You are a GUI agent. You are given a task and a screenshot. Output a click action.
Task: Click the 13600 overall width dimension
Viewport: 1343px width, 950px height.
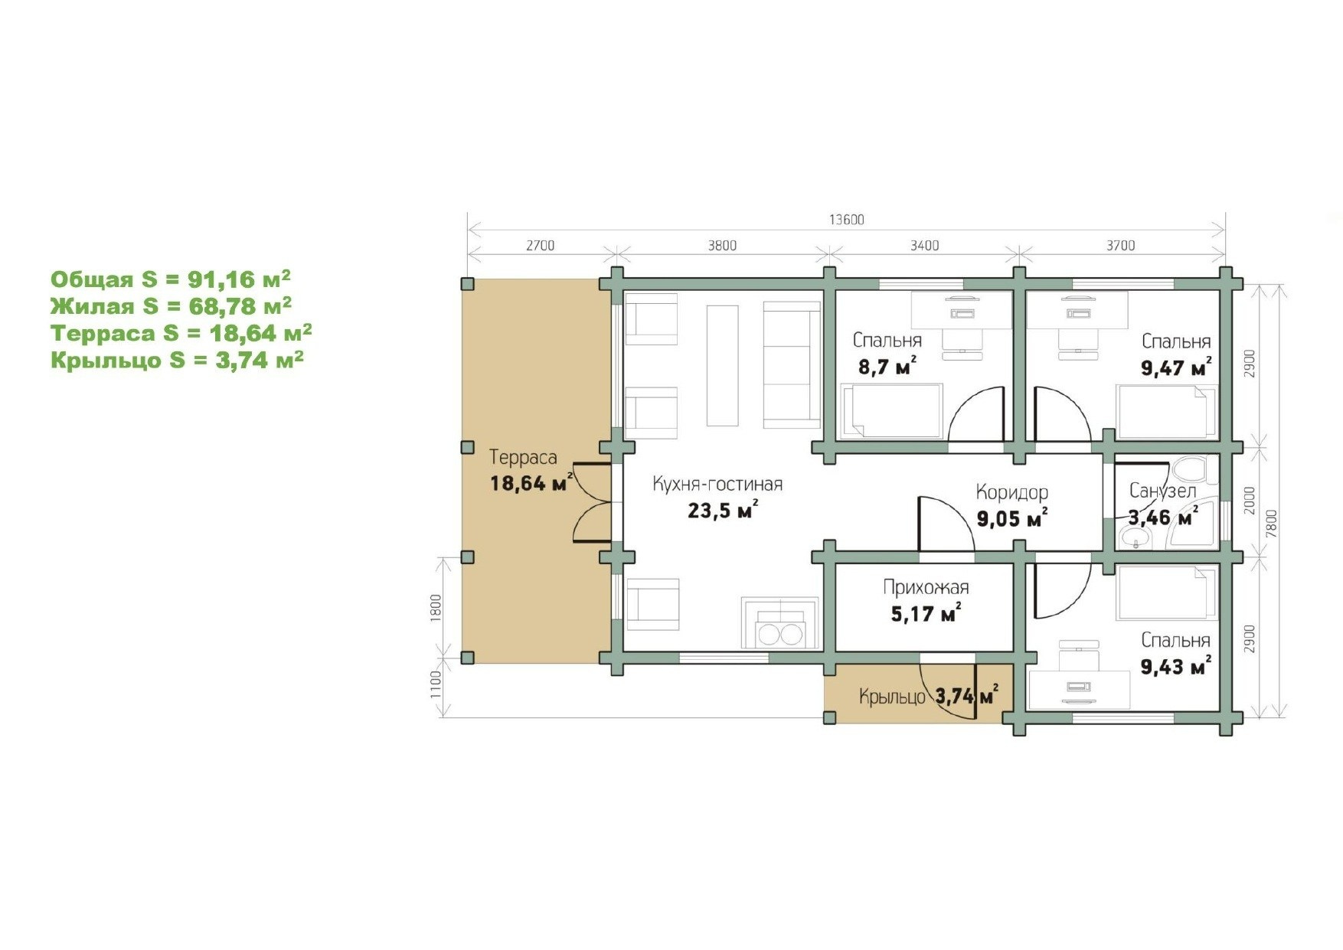846,220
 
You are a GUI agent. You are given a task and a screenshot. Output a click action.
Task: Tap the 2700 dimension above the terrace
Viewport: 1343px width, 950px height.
540,246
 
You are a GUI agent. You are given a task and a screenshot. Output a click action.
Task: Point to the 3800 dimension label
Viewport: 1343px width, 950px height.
722,246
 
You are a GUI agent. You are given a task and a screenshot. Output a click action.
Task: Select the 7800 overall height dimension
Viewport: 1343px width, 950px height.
1272,524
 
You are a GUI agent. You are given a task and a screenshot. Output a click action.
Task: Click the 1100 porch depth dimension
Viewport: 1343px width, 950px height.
436,684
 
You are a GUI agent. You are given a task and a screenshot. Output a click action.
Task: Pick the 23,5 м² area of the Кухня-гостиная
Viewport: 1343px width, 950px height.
723,510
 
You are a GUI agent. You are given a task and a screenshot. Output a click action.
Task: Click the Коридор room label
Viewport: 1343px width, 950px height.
1011,492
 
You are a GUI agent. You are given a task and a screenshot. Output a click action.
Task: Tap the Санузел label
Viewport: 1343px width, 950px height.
1162,491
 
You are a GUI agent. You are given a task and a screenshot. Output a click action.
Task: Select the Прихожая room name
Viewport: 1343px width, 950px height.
926,587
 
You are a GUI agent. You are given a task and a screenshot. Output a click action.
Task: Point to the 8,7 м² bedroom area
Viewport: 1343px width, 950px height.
887,367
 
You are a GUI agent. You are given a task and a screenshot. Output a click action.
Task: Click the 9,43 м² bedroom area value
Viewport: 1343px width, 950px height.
1176,666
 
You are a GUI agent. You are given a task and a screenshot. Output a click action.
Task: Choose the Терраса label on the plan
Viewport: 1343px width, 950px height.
523,458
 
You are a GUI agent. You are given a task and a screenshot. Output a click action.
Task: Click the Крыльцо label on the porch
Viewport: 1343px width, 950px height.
892,697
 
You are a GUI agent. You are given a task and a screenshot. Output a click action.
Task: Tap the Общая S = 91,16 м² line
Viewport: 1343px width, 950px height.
171,279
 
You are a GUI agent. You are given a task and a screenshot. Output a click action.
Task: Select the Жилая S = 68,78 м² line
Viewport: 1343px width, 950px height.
171,306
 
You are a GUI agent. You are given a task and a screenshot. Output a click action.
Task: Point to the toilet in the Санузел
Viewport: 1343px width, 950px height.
1190,469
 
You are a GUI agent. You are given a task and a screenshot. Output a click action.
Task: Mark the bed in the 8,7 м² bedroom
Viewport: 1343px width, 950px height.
891,412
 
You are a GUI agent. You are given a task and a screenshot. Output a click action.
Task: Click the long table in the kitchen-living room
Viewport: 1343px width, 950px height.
722,365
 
